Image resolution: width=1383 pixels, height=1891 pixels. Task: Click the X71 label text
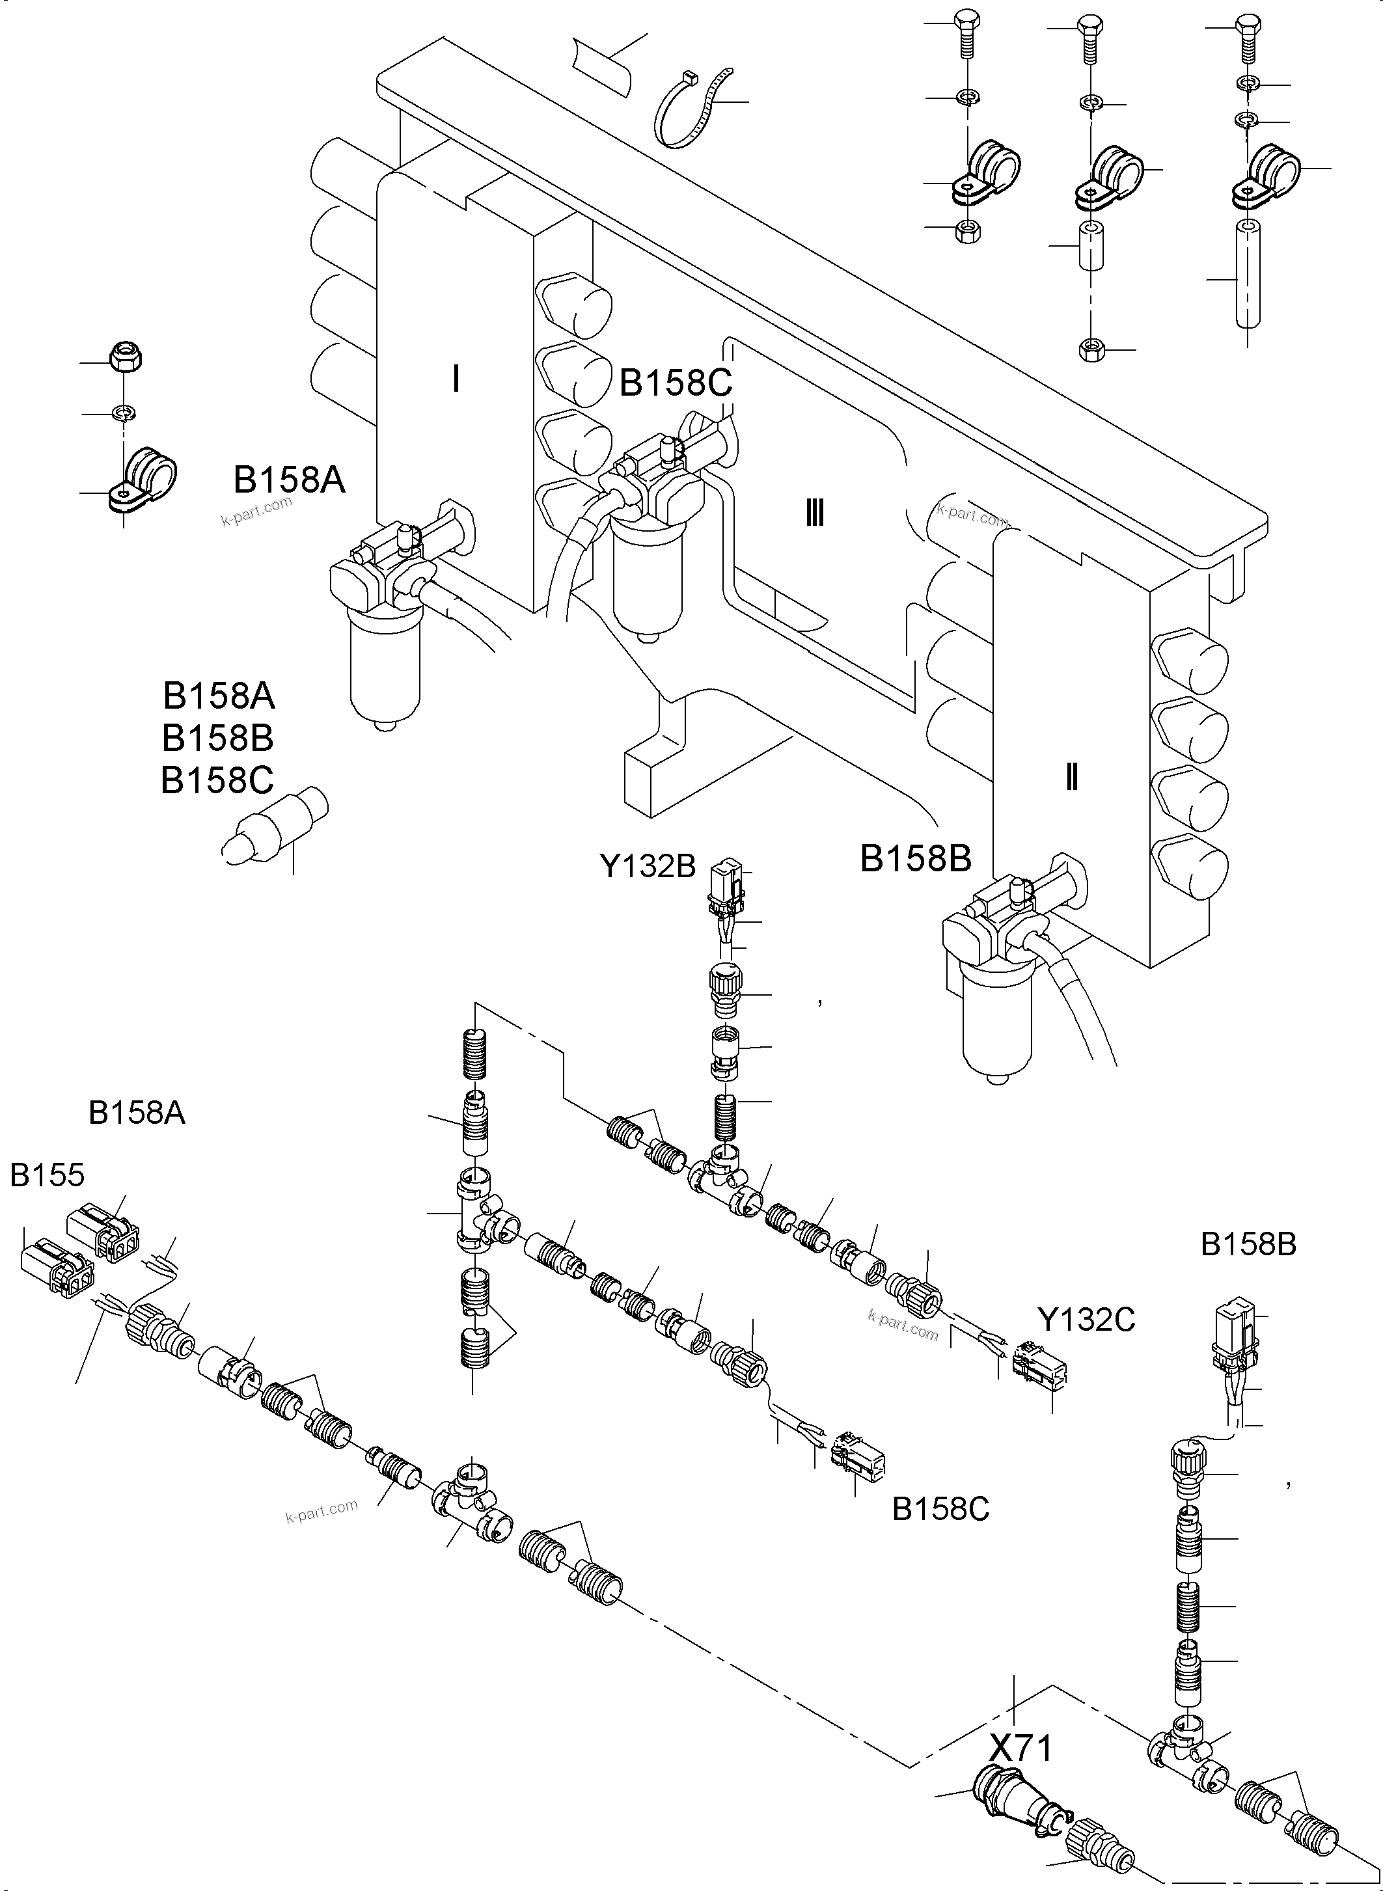(1020, 1748)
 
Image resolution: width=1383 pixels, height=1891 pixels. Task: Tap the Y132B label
(647, 866)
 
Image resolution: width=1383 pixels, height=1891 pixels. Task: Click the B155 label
(47, 1175)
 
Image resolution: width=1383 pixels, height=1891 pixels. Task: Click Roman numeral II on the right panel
(1071, 778)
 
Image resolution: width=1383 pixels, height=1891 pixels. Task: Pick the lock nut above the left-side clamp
(126, 357)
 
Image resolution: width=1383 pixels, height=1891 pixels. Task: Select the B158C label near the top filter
(675, 383)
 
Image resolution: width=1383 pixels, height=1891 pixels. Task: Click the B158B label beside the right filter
(915, 859)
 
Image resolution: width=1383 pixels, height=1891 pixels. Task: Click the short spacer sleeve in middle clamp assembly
(1090, 245)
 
